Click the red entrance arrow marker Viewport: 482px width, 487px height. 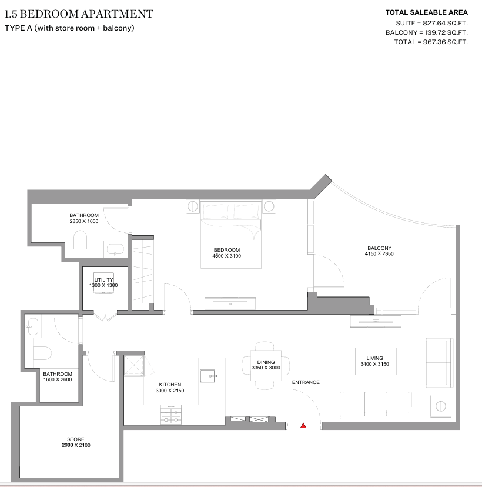coord(303,425)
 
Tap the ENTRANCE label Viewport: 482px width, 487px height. coord(306,382)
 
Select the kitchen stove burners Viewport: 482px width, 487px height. coord(171,415)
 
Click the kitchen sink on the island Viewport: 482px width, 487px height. coord(208,376)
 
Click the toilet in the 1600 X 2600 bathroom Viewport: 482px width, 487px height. coord(42,353)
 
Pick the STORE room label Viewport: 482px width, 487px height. coord(76,439)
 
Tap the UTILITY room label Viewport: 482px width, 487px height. coord(103,280)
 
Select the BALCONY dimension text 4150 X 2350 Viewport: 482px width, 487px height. coord(379,253)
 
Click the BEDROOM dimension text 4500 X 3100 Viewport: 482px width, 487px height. coord(226,256)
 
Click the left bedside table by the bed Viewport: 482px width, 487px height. coord(193,206)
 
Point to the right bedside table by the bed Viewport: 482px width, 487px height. coord(269,206)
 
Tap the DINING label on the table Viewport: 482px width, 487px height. coord(266,362)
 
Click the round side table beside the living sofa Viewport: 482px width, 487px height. coord(441,406)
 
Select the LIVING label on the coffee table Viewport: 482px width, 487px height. coord(374,358)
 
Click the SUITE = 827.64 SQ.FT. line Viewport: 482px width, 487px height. coord(431,23)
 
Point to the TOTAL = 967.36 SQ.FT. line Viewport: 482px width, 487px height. coord(431,42)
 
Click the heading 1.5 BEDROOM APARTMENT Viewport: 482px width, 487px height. coord(79,14)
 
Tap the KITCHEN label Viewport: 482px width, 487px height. coord(170,385)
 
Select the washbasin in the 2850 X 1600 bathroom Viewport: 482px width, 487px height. coord(115,249)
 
